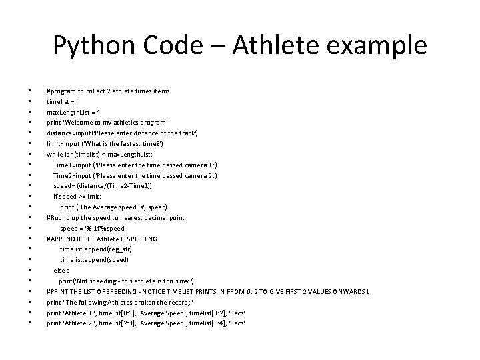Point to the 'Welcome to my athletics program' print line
[x=107, y=123]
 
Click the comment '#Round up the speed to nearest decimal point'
[x=115, y=217]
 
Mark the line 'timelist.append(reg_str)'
[x=96, y=249]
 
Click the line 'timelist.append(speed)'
[x=94, y=259]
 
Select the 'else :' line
[x=61, y=270]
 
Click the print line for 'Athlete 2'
[x=146, y=323]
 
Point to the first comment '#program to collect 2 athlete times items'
[x=108, y=91]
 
